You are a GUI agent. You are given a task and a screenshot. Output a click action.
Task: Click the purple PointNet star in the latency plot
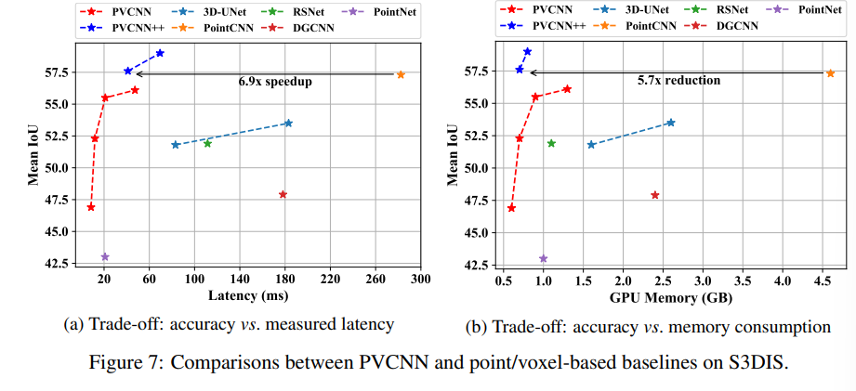pos(105,256)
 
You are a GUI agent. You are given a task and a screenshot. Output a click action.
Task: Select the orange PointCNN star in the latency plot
pos(401,74)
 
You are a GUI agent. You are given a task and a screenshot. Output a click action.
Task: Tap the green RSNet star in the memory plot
pos(551,143)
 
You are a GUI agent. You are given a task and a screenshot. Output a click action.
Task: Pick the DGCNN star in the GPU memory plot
pos(655,195)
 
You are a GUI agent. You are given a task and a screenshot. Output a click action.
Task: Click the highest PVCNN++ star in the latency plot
pos(160,53)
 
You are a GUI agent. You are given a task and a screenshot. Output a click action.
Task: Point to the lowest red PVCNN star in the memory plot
pos(511,208)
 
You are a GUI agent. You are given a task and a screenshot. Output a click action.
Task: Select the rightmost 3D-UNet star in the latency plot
pos(288,123)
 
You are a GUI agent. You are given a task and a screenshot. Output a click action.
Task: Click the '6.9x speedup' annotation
pos(274,82)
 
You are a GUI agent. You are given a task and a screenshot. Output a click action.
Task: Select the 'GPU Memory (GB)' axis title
pos(669,297)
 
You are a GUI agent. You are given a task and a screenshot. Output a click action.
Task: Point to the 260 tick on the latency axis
pos(375,279)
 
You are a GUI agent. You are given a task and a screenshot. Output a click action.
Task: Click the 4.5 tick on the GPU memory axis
pos(821,280)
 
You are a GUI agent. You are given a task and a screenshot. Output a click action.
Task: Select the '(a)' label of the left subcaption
pos(73,324)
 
